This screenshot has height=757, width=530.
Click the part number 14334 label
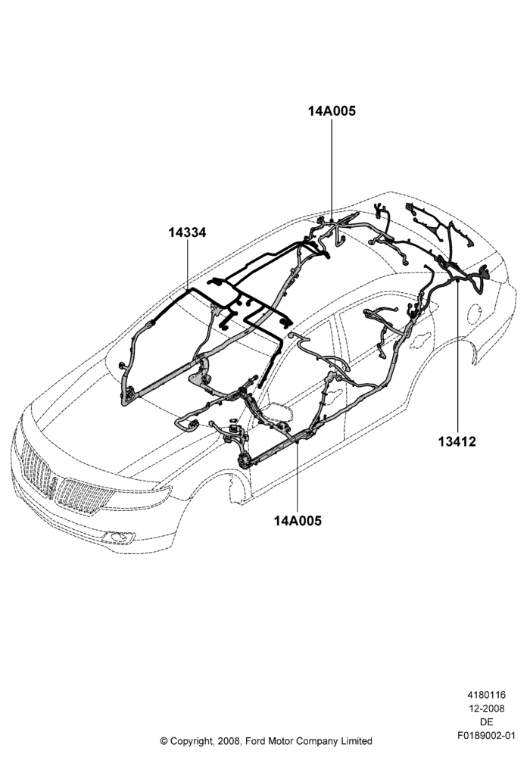187,232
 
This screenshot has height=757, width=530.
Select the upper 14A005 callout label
332,111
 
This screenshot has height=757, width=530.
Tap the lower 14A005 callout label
298,521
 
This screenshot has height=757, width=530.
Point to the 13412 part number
457,441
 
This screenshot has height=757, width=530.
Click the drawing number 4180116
486,695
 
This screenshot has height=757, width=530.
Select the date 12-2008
487,709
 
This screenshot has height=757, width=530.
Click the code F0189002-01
487,736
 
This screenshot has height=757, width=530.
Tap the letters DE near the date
487,722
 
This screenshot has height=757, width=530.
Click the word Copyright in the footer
191,741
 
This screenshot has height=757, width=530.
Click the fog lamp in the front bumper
118,537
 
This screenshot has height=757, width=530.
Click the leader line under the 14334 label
187,264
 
